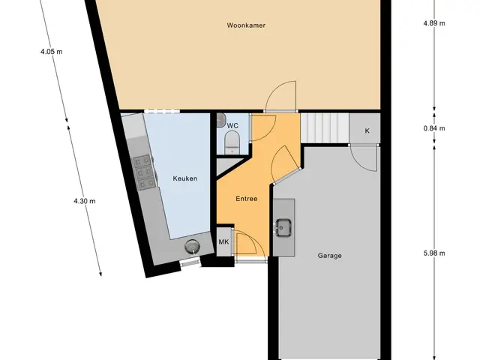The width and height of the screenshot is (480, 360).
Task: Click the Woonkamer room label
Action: point(246,25)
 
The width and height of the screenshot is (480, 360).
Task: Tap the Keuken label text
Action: point(185,178)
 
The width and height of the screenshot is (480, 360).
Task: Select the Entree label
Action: point(247,199)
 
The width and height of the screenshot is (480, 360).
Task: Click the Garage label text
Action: point(330,256)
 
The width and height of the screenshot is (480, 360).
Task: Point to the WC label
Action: point(232,126)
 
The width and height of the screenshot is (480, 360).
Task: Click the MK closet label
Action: point(223,241)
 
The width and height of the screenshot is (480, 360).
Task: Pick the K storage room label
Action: point(367,130)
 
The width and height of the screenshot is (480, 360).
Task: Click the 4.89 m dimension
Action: point(434,23)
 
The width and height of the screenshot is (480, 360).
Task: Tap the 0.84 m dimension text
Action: point(434,128)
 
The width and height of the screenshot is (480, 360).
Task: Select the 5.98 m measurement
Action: point(434,253)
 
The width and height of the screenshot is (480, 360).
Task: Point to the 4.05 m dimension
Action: point(52,52)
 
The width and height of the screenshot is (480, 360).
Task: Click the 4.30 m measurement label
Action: point(85,201)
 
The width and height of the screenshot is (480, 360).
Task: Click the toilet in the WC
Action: point(232,142)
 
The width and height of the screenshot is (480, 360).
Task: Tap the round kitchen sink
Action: point(192,246)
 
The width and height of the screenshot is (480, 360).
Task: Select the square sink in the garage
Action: point(283,228)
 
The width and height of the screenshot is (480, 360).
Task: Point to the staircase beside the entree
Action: point(325,128)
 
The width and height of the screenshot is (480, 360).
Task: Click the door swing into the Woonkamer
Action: point(281,96)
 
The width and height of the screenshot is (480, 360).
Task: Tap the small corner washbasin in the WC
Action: point(221,120)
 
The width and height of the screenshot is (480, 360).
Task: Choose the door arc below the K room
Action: point(364,158)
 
